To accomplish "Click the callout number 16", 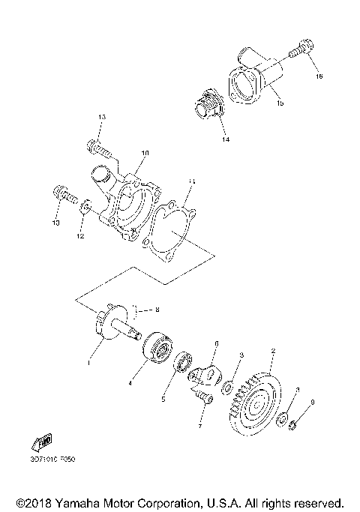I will [319, 76].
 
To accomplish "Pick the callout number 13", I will [102, 117].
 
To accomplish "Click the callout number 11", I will [192, 181].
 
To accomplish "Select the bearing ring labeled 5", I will [183, 364].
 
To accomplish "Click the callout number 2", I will [274, 350].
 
